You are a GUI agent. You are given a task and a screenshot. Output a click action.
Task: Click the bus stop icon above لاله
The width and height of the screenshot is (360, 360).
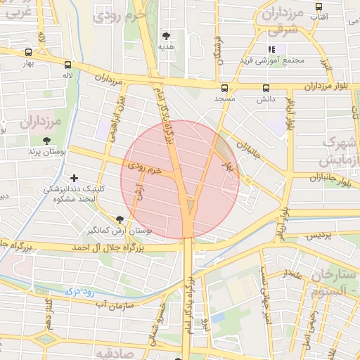[68, 63]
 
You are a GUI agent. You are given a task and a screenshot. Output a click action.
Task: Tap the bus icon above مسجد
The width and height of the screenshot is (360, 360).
[225, 88]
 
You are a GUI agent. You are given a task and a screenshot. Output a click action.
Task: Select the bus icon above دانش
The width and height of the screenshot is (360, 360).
[266, 88]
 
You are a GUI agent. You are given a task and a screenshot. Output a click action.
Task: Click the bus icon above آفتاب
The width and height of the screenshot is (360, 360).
[319, 6]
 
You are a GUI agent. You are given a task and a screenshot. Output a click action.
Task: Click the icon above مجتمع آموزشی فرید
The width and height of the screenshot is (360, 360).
[270, 49]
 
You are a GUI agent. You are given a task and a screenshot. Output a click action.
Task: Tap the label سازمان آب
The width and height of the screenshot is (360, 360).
[111, 304]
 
